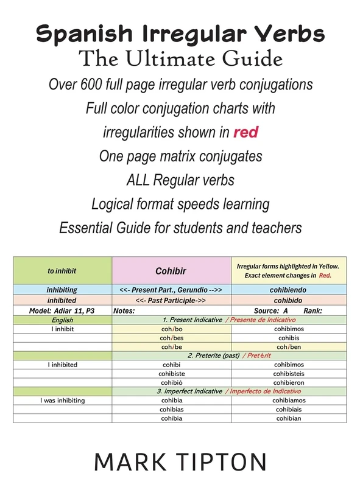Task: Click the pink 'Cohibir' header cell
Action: (172, 270)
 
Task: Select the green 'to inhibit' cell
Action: (62, 270)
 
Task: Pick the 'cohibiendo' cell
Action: (289, 290)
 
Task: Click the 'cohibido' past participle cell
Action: (289, 300)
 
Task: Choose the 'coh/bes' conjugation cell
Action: (172, 338)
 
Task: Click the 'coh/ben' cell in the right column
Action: (289, 347)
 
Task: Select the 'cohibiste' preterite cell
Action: (172, 374)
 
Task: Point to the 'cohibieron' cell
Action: (289, 383)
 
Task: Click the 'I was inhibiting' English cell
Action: (62, 401)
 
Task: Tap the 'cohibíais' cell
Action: (289, 410)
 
